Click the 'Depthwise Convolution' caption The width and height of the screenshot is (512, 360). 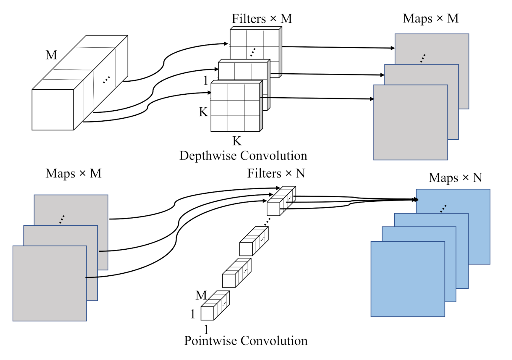coord(243,156)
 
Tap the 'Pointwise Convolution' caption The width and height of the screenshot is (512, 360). coord(246,341)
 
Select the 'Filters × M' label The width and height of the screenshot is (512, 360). coord(262,19)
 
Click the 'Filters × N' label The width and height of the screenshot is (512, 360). coord(276,173)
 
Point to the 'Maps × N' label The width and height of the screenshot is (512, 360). coord(455,178)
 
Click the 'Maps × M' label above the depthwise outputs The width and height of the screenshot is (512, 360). coord(430,18)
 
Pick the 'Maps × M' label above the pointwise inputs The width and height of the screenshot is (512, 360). coord(73,173)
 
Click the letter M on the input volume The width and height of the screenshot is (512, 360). coord(51,55)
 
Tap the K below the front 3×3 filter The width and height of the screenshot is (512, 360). coord(237,141)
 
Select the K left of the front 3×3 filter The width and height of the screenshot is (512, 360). coord(203,112)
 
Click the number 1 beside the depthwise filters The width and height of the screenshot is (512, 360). coord(206,80)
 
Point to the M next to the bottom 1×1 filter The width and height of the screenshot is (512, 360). coord(201,295)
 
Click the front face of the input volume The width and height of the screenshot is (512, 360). coord(53,110)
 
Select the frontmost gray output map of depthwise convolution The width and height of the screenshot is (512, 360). coord(410,122)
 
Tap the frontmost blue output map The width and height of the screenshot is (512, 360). coord(407,279)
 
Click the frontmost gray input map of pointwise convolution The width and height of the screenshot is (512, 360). coord(49,283)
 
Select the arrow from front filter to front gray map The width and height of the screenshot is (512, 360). coord(316,98)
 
